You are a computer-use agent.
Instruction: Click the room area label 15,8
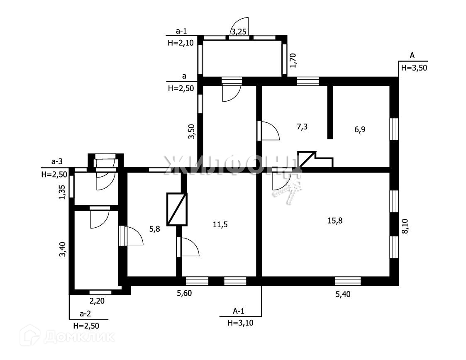(x=334, y=220)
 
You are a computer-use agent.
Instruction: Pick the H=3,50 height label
(x=414, y=68)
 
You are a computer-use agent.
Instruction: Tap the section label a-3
(x=57, y=162)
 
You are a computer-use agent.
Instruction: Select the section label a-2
(x=85, y=313)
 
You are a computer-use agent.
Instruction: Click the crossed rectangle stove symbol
(x=177, y=209)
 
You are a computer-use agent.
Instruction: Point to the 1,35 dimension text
(x=62, y=192)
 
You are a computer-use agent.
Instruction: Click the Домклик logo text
(x=79, y=336)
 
